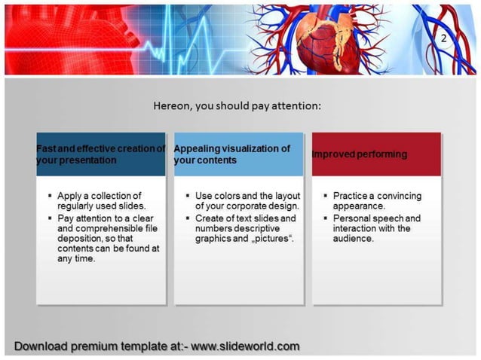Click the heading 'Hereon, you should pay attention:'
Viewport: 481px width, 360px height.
click(x=237, y=106)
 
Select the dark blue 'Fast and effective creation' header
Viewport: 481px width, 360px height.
click(x=100, y=154)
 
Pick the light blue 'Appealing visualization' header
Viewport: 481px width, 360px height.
click(x=238, y=154)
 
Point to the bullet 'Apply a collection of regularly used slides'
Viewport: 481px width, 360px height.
click(x=101, y=201)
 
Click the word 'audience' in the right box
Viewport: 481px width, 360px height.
click(x=353, y=239)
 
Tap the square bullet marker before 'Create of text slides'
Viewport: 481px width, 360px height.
click(x=187, y=218)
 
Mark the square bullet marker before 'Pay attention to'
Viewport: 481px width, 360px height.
click(x=49, y=218)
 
